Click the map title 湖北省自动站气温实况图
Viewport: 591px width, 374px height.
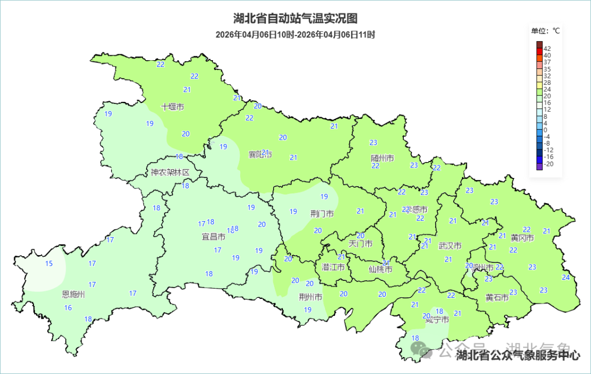[x=295, y=19]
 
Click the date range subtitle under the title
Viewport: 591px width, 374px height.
[x=295, y=34]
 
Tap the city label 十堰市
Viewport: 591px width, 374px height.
[x=172, y=107]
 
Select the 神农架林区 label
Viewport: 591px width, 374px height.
[x=170, y=172]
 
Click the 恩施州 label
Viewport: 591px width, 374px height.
[x=74, y=295]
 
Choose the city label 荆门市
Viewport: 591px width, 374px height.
[x=322, y=214]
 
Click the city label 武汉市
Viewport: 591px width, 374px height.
[x=450, y=246]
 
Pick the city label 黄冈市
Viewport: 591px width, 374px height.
[x=522, y=238]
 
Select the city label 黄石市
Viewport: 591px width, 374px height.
[x=497, y=297]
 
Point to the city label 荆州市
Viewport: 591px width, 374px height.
[x=310, y=297]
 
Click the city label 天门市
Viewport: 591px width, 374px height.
[x=360, y=244]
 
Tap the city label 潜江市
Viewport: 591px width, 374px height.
[x=333, y=267]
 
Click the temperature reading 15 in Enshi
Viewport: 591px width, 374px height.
[x=49, y=264]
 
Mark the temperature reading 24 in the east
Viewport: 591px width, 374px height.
[x=565, y=277]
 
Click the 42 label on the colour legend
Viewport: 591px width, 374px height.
[x=547, y=49]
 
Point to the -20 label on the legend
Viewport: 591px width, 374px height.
[x=548, y=164]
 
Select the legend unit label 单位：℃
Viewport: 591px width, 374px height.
[x=546, y=31]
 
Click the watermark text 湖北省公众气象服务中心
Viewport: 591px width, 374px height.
[x=518, y=355]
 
